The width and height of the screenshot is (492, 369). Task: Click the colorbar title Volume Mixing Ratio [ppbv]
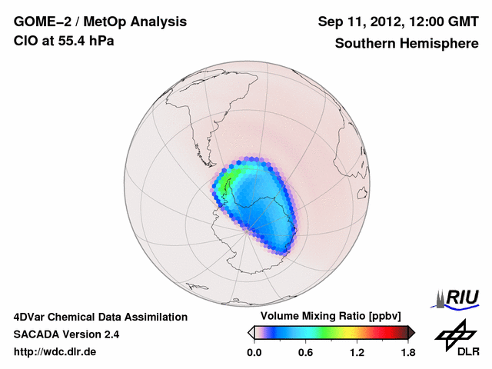point(331,316)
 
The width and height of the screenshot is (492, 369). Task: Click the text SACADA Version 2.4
point(66,334)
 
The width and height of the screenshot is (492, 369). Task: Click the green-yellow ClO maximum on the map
point(228,184)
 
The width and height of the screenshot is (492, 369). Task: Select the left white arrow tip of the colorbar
point(250,332)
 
